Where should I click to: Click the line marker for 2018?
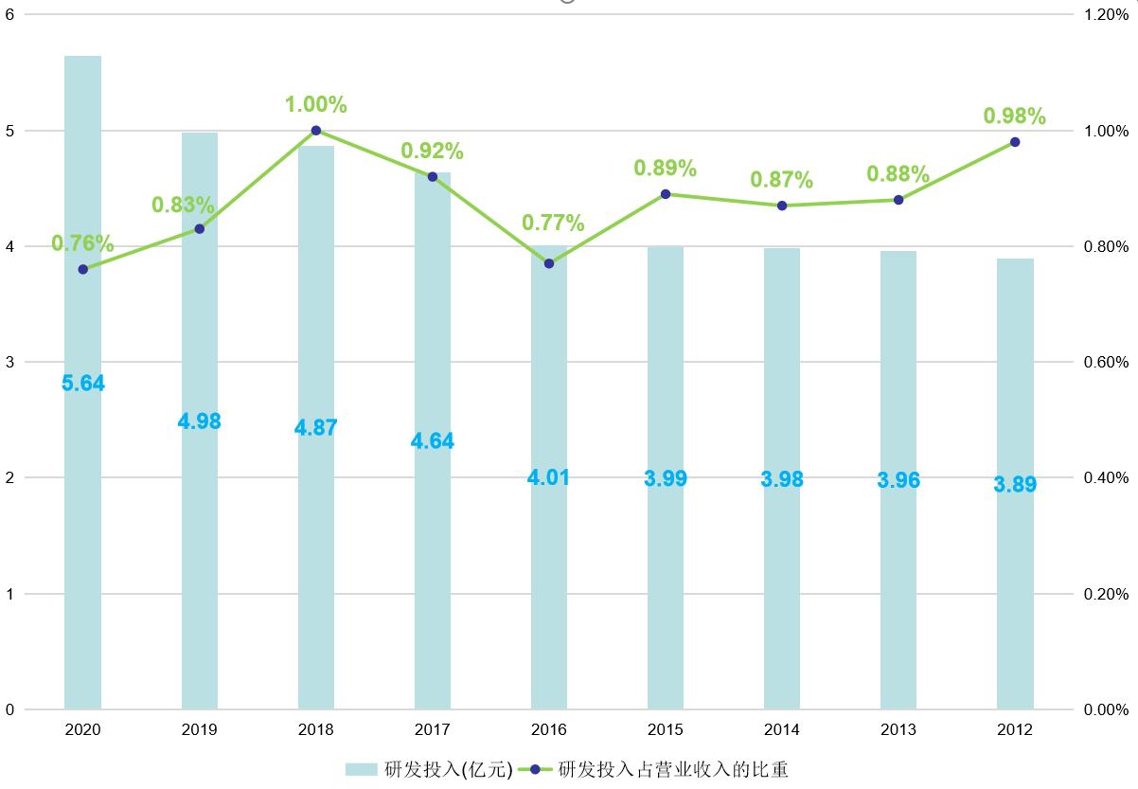tap(316, 131)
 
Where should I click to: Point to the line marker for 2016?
tap(549, 263)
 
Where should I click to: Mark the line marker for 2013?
tap(898, 200)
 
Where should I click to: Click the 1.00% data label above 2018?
tap(316, 104)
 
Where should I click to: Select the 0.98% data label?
tap(1015, 117)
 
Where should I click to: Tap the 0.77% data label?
tap(553, 224)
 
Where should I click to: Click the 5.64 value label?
tap(83, 384)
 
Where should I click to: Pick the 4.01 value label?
tap(549, 477)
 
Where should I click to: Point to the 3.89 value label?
tap(1015, 485)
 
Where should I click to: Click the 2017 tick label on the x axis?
tap(433, 730)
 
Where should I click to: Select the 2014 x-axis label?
tap(782, 730)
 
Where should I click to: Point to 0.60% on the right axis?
tap(1106, 362)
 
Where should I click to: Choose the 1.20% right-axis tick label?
tap(1106, 15)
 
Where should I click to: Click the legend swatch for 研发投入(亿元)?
tap(362, 769)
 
